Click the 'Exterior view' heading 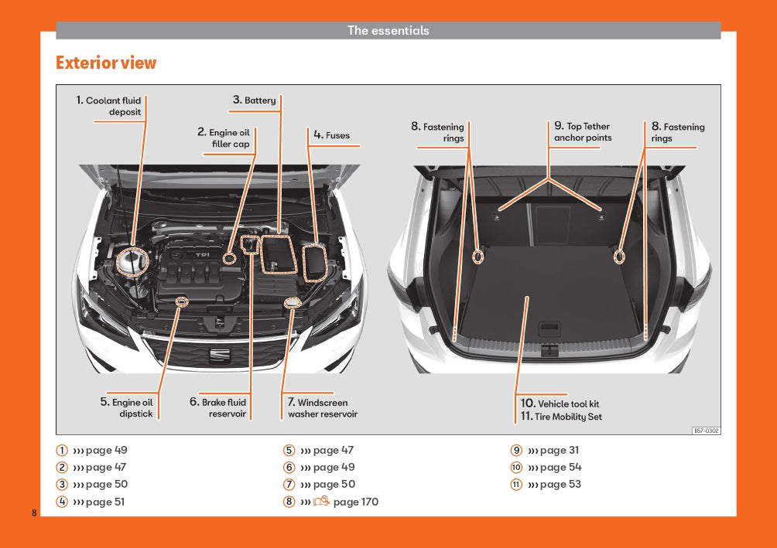pyautogui.click(x=106, y=63)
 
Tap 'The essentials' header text pyautogui.click(x=388, y=31)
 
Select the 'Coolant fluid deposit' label pyautogui.click(x=109, y=106)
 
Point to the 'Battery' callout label pyautogui.click(x=255, y=100)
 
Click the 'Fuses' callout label pyautogui.click(x=332, y=135)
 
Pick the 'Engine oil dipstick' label pyautogui.click(x=127, y=408)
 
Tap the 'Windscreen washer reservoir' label pyautogui.click(x=318, y=408)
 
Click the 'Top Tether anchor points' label pyautogui.click(x=582, y=132)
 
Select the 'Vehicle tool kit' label pyautogui.click(x=560, y=403)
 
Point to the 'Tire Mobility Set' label pyautogui.click(x=560, y=417)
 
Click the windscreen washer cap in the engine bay pyautogui.click(x=293, y=303)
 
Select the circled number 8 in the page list pyautogui.click(x=289, y=502)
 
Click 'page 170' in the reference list pyautogui.click(x=355, y=502)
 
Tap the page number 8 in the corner pyautogui.click(x=34, y=513)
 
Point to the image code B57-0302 pyautogui.click(x=706, y=431)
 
